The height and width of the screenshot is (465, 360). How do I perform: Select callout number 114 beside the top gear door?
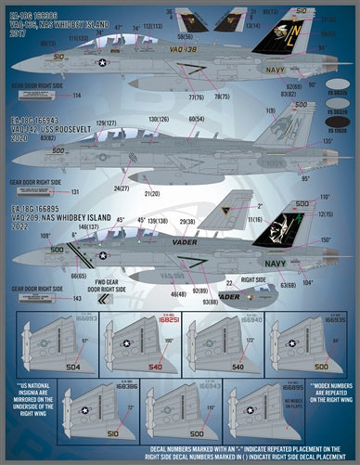coord(77,95)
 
